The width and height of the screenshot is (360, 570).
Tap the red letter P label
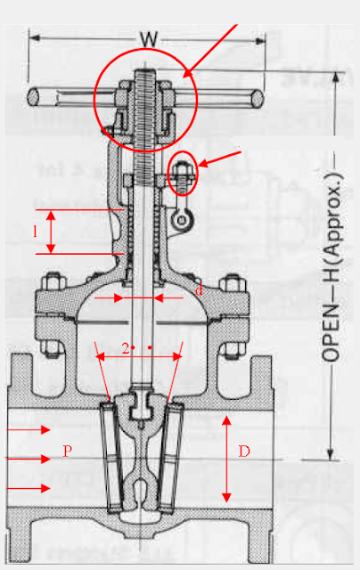67,452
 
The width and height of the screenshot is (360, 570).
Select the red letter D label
244,452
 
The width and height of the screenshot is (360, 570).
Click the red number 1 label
35,231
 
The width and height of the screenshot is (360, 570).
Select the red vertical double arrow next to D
227,458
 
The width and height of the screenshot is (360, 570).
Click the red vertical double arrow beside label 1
52,232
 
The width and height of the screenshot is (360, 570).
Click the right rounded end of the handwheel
259,94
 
